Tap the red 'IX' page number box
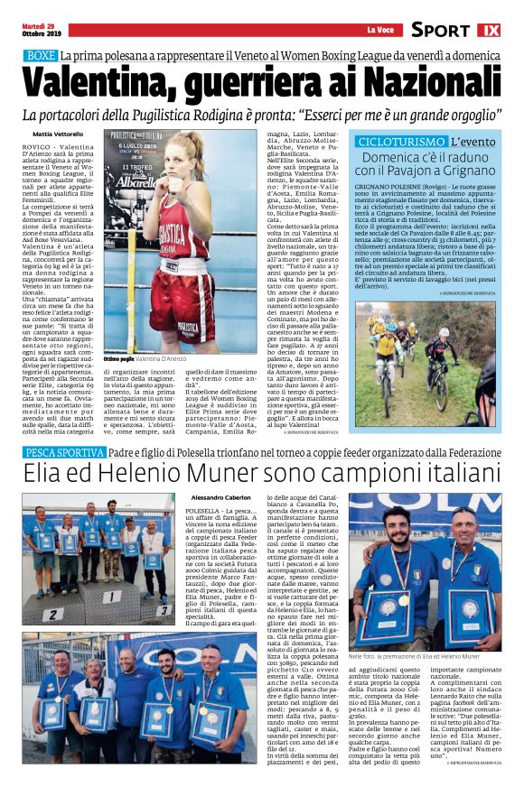tap(488, 30)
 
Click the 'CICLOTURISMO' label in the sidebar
tap(401, 143)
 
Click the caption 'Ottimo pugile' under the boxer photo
tap(120, 359)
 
